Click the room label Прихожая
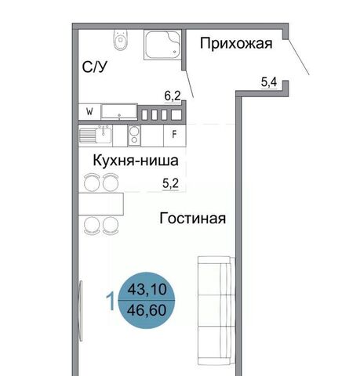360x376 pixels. click(236, 44)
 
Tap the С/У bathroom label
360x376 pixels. click(94, 67)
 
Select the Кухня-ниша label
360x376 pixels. click(136, 161)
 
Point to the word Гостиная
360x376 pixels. click(193, 218)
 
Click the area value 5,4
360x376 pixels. click(269, 82)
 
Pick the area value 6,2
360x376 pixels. click(173, 96)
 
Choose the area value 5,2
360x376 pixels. click(170, 183)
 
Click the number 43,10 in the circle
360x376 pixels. click(147, 289)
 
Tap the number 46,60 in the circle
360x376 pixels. click(147, 310)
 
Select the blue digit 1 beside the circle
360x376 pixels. click(111, 302)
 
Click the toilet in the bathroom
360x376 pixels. click(121, 40)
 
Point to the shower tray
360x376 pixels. click(162, 45)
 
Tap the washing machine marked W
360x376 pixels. click(89, 112)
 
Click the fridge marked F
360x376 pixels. click(174, 135)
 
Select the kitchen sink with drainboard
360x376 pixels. click(96, 136)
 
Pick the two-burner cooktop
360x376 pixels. click(134, 136)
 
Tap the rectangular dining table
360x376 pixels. click(101, 204)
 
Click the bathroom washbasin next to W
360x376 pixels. click(119, 112)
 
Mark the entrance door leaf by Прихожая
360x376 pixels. click(299, 57)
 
